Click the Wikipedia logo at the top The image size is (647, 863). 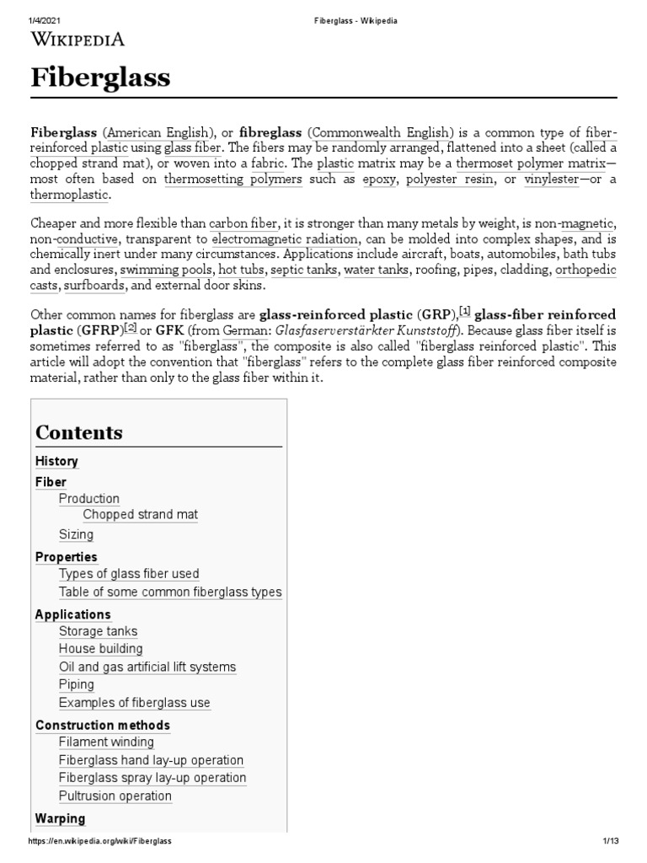[78, 39]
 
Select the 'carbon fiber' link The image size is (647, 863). [243, 222]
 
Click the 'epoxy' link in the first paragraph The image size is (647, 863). [377, 179]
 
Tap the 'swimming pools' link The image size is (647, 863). [166, 270]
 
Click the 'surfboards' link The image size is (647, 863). [94, 286]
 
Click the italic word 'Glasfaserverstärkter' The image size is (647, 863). [324, 331]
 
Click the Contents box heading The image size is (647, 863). [79, 432]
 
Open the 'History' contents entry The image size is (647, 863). [56, 461]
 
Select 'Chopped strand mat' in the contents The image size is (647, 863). [140, 514]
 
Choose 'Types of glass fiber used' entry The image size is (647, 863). [129, 574]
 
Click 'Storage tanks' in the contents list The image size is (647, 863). [98, 631]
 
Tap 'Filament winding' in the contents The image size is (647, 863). [106, 742]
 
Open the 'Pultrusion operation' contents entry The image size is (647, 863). [115, 796]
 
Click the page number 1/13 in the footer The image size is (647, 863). [610, 842]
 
